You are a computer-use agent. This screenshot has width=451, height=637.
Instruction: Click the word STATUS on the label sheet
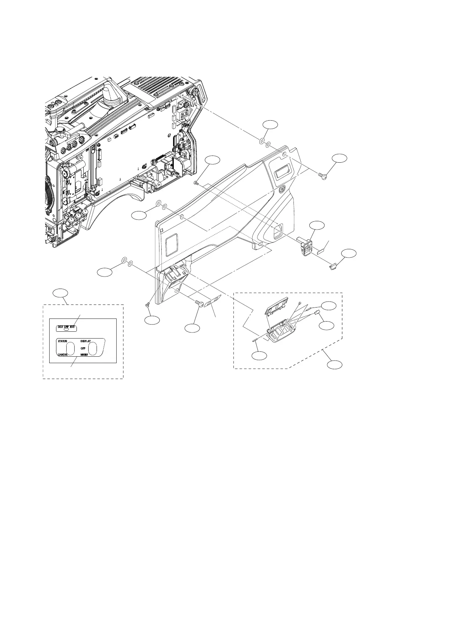[62, 341]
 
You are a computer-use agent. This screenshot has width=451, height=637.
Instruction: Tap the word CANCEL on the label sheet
[62, 355]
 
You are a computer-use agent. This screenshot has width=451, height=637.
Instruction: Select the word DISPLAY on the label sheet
[85, 341]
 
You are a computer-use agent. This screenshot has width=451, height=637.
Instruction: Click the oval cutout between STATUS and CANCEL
[70, 348]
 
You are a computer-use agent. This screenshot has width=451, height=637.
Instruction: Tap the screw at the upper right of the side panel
[323, 176]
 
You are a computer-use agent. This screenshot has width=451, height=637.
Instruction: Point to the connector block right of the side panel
[305, 245]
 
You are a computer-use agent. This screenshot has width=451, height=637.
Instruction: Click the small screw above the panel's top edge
[196, 183]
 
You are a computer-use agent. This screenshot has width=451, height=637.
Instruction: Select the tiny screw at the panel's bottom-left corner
[148, 305]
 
